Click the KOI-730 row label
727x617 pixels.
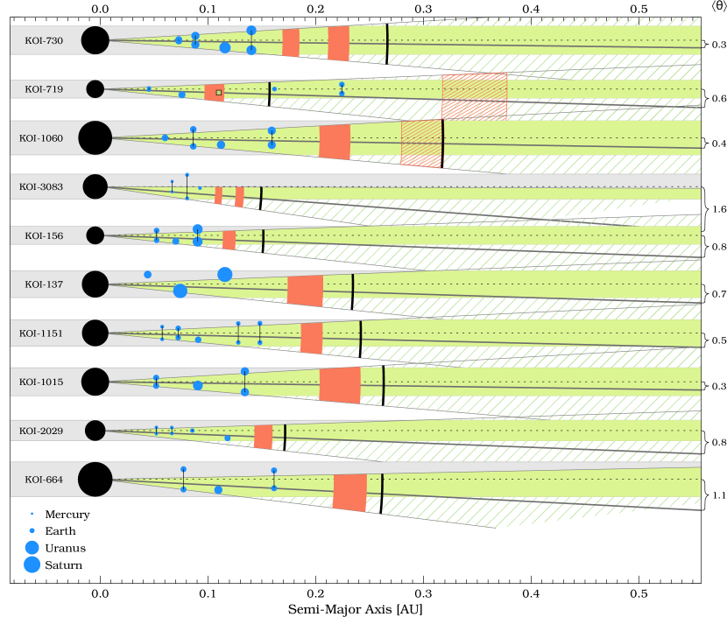click(43, 40)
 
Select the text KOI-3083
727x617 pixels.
click(41, 186)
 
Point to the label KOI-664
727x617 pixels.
click(43, 480)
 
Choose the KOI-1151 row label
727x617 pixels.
click(41, 333)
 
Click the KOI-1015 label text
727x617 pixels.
click(41, 382)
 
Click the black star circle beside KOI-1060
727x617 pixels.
click(95, 137)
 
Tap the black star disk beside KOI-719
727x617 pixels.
click(95, 89)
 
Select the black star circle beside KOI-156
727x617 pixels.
click(95, 235)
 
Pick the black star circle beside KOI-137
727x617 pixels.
click(95, 284)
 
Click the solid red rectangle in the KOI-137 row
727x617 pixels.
click(305, 291)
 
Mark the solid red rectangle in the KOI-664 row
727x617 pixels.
click(349, 493)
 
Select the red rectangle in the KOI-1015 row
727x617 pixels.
click(340, 385)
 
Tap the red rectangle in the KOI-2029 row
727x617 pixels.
click(263, 436)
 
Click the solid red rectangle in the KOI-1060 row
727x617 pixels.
click(335, 142)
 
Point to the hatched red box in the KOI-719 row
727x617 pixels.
click(474, 97)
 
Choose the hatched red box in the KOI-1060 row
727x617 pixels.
click(421, 144)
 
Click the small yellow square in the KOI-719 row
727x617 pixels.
click(219, 92)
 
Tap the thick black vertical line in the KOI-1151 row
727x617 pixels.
click(360, 338)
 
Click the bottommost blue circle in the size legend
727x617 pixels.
click(32, 564)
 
